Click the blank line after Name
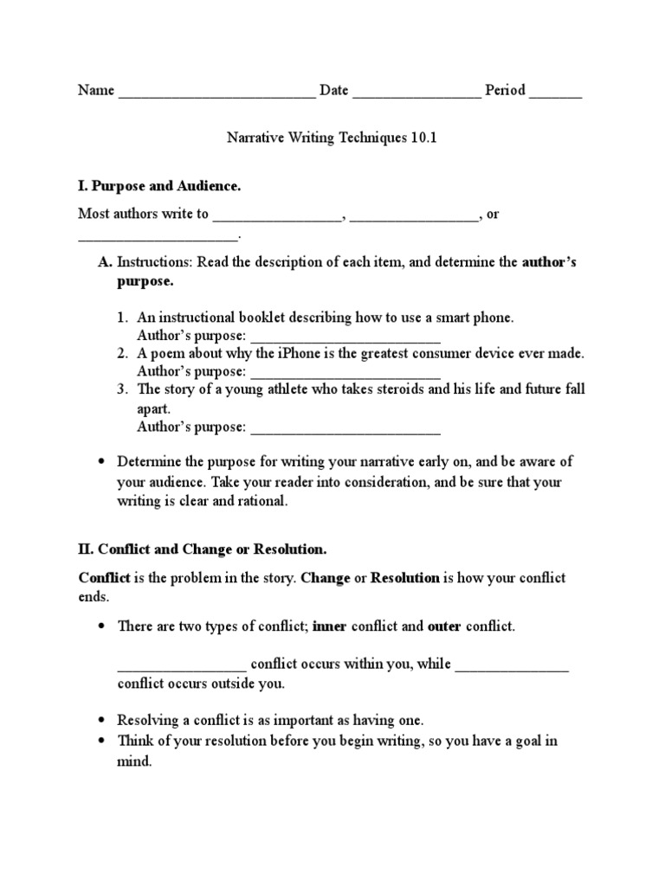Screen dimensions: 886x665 pyautogui.click(x=216, y=92)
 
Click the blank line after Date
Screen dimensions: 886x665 pyautogui.click(x=416, y=92)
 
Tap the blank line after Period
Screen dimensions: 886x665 pyautogui.click(x=555, y=92)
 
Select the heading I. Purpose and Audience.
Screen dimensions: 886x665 pyautogui.click(x=159, y=186)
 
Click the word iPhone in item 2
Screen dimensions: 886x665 pyautogui.click(x=325, y=353)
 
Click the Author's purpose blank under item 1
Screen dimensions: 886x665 pyautogui.click(x=345, y=336)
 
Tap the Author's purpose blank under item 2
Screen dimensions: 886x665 pyautogui.click(x=345, y=372)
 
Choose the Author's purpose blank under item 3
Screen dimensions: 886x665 pyautogui.click(x=345, y=427)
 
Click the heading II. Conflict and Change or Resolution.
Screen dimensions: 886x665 pyautogui.click(x=203, y=549)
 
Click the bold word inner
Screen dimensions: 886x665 pyautogui.click(x=328, y=626)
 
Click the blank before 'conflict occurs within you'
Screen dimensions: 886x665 pyautogui.click(x=183, y=665)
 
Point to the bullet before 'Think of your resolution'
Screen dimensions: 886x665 pyautogui.click(x=102, y=742)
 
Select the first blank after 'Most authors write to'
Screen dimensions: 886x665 pyautogui.click(x=279, y=215)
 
